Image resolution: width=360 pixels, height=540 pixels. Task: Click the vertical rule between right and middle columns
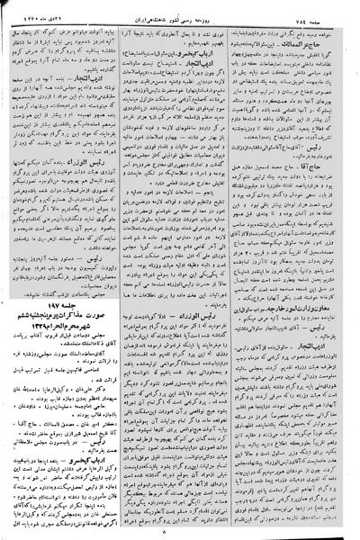[x=241, y=270]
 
